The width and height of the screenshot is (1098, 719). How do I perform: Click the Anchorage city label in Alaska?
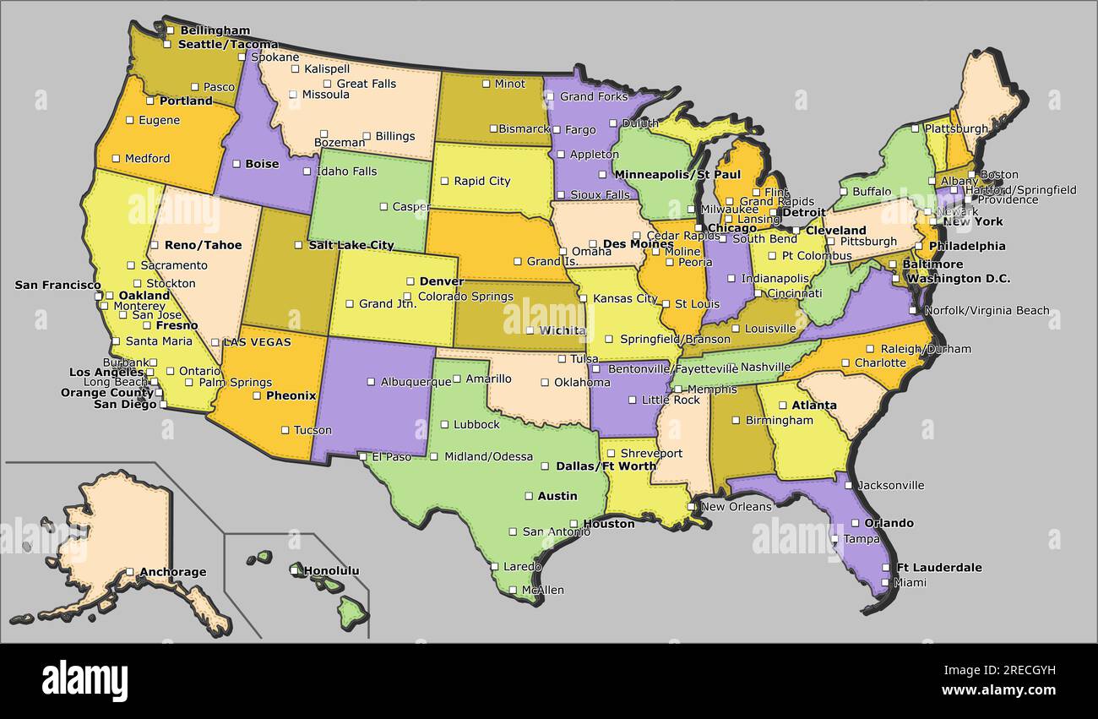pos(172,572)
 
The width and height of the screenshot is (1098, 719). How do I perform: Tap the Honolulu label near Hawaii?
pos(331,571)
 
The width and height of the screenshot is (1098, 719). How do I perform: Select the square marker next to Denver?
pos(410,281)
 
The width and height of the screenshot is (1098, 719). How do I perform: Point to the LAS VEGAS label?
pos(257,342)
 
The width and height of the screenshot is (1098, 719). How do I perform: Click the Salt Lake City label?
pos(351,245)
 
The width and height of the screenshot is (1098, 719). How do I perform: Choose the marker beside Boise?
pos(236,164)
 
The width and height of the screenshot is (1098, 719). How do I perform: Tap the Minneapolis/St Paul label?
pos(677,175)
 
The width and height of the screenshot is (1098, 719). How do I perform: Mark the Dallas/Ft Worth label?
pos(606,466)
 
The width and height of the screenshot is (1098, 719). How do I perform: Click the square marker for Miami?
pos(885,582)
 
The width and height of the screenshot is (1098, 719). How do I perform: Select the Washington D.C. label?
pos(958,278)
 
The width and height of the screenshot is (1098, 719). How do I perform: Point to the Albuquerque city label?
pos(416,382)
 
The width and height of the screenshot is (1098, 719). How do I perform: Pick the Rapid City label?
pos(481,181)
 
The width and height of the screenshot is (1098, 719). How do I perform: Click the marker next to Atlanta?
pos(783,406)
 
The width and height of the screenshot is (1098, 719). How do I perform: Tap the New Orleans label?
pos(736,506)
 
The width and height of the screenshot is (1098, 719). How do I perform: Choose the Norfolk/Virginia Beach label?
pos(987,310)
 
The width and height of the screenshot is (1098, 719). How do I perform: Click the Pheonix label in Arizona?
pos(291,395)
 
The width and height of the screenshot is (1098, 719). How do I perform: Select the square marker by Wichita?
pos(530,330)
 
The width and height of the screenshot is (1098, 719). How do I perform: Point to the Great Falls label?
pos(366,84)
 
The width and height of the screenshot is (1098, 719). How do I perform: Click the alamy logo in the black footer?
pos(84,680)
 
